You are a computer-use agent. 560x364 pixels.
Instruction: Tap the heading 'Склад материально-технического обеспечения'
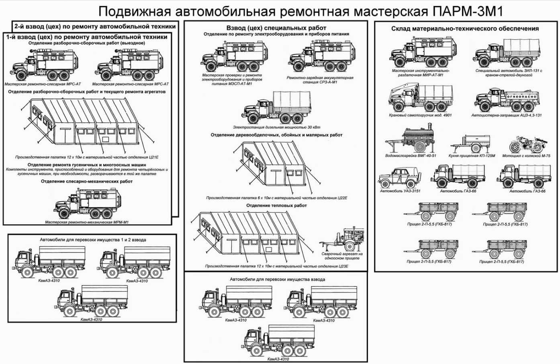pos(465,28)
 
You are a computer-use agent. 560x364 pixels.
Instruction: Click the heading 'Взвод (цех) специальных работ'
pos(276,28)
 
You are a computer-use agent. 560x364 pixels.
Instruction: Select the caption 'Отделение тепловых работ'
pos(276,205)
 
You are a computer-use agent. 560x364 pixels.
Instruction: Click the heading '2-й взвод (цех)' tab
pos(95,26)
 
